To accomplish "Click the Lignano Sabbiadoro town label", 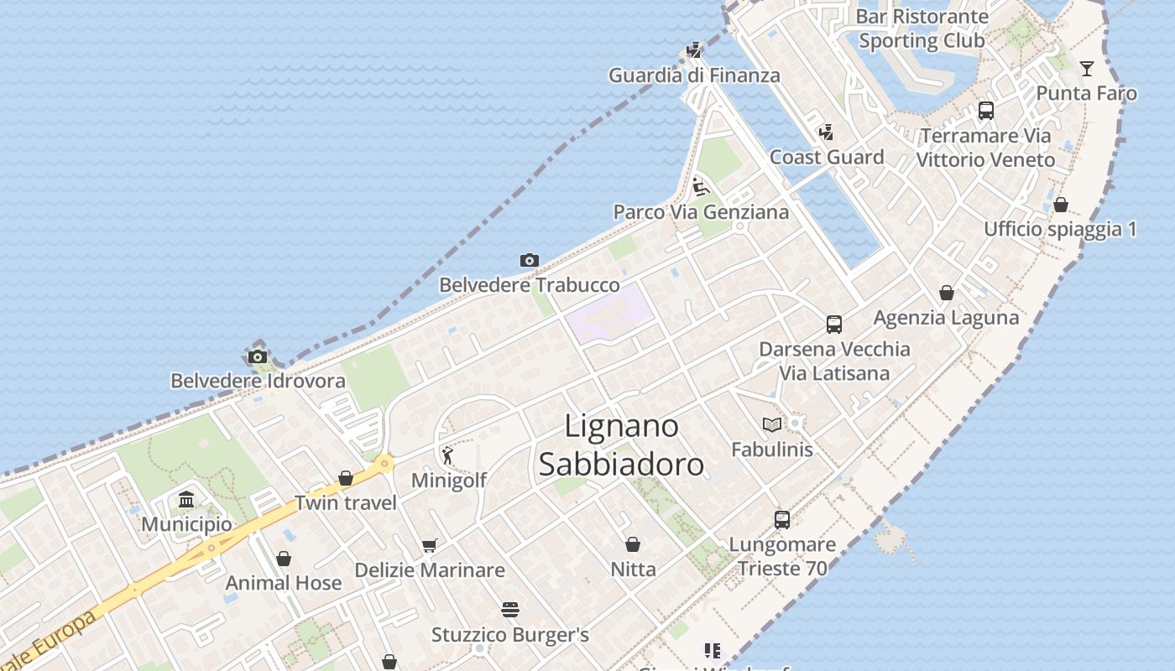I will click(621, 445).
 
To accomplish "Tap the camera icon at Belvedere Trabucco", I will click(529, 261).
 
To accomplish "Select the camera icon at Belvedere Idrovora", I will click(258, 357).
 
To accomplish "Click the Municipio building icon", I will click(186, 501).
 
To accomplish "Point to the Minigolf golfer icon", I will click(447, 456).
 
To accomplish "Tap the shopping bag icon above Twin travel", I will click(346, 479).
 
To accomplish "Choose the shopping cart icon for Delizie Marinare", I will click(430, 546).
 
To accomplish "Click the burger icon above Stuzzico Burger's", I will click(510, 610).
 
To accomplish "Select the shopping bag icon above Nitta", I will click(633, 545).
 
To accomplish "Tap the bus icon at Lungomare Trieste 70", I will click(782, 520).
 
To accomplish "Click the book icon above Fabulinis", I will click(772, 425).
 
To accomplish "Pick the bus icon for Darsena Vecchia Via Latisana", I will click(834, 325).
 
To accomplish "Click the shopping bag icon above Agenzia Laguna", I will click(947, 293).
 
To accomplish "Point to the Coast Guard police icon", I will click(827, 133).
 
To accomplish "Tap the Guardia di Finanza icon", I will click(694, 50).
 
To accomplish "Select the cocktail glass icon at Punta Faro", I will click(1087, 69).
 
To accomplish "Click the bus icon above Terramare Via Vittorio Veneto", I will click(986, 111).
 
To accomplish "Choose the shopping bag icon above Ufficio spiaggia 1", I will click(1061, 205).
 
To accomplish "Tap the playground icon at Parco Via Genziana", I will click(701, 187).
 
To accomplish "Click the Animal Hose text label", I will click(284, 583).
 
